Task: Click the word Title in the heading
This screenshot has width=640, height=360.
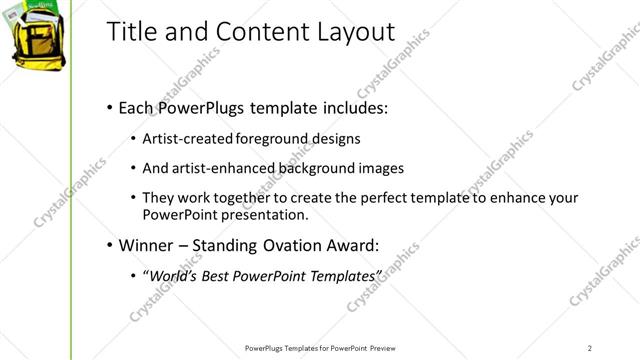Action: pyautogui.click(x=130, y=33)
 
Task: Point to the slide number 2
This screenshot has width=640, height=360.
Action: pyautogui.click(x=590, y=347)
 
